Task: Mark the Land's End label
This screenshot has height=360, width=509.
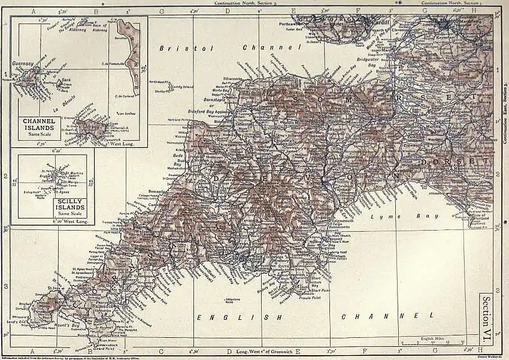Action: pos(20,322)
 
